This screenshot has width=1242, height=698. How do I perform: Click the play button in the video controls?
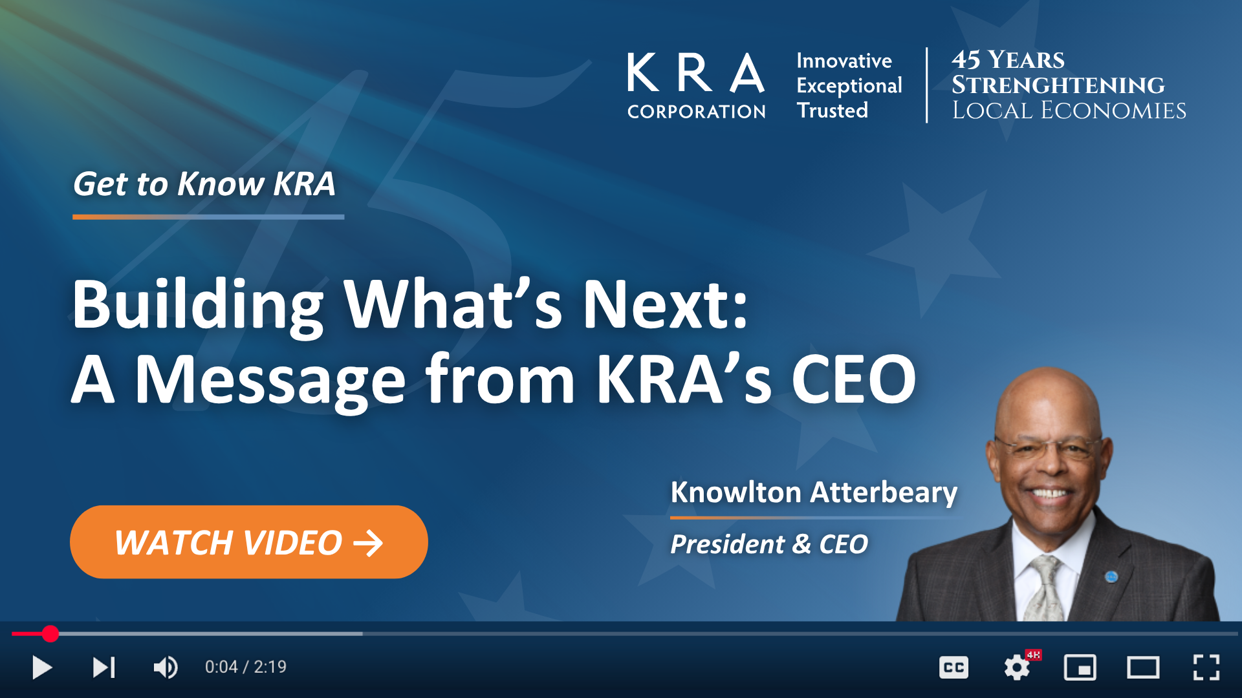click(x=42, y=667)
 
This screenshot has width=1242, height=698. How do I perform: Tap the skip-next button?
click(x=103, y=667)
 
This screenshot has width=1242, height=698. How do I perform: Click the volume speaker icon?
click(x=166, y=667)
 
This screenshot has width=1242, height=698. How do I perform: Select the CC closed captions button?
click(x=953, y=668)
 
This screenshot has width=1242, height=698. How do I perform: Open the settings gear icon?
click(x=1017, y=668)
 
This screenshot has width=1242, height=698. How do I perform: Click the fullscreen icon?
click(x=1206, y=668)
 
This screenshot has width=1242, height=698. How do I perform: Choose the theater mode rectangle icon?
click(x=1143, y=668)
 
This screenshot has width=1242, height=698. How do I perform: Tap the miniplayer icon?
click(x=1080, y=668)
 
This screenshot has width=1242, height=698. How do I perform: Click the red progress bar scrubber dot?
click(x=50, y=634)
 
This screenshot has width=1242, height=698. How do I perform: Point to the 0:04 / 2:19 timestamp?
click(x=246, y=667)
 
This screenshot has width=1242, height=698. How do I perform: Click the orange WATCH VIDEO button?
click(x=249, y=542)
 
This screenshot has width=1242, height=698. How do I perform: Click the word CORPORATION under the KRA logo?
click(x=697, y=112)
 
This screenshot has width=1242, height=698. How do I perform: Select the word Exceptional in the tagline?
click(x=849, y=86)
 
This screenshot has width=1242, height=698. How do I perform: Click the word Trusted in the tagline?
click(x=833, y=111)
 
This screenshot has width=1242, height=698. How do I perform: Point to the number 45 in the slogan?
click(x=966, y=60)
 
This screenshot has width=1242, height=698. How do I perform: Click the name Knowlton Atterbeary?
click(x=814, y=492)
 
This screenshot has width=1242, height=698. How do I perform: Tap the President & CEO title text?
click(x=769, y=544)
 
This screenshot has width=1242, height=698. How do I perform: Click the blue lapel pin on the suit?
click(x=1111, y=576)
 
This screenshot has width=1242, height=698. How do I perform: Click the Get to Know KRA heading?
click(x=204, y=184)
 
